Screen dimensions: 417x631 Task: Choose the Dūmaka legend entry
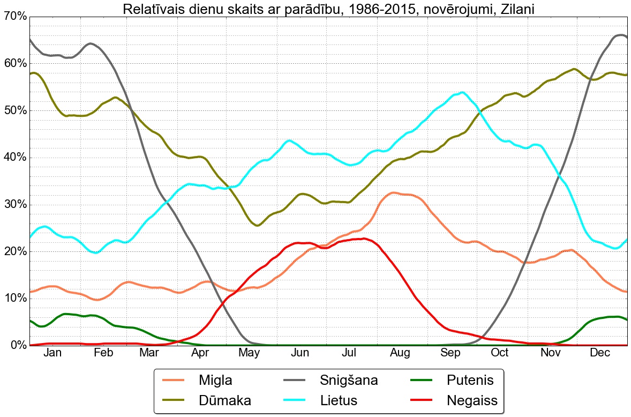[224, 400]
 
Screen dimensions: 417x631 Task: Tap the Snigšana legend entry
[349, 381]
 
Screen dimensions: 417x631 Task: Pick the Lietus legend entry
[339, 400]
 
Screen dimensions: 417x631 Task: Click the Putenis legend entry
[470, 381]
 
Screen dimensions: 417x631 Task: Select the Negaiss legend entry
[472, 400]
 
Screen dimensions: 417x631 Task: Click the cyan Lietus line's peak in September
[462, 92]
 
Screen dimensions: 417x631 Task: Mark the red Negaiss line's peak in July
[364, 239]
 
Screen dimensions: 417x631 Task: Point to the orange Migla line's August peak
[394, 192]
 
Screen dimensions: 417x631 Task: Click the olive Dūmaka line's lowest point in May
[257, 226]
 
